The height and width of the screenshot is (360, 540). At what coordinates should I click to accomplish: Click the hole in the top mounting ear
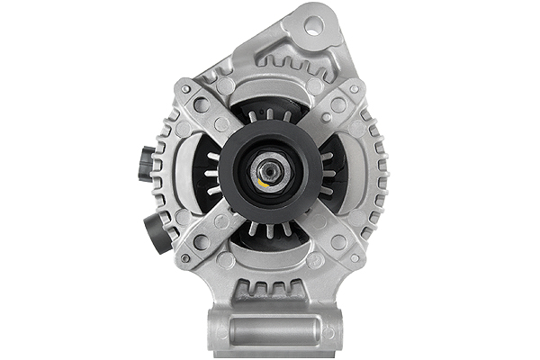[x=312, y=25]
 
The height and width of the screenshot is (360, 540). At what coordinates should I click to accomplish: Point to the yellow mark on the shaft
[x=262, y=182]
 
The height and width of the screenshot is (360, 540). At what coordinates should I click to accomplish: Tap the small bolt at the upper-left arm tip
[x=184, y=88]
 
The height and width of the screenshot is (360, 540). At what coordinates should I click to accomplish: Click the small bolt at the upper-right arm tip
[x=358, y=88]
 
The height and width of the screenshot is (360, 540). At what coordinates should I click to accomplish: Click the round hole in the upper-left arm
[x=202, y=105]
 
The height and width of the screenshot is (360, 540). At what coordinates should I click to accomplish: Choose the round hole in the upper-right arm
[x=338, y=105]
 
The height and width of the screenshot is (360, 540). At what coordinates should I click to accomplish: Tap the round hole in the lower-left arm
[x=202, y=241]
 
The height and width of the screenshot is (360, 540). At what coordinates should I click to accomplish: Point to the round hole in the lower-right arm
[x=338, y=241]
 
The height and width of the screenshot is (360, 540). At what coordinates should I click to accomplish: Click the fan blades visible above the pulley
[x=270, y=114]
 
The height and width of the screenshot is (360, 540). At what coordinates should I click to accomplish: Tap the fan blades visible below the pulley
[x=270, y=230]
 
